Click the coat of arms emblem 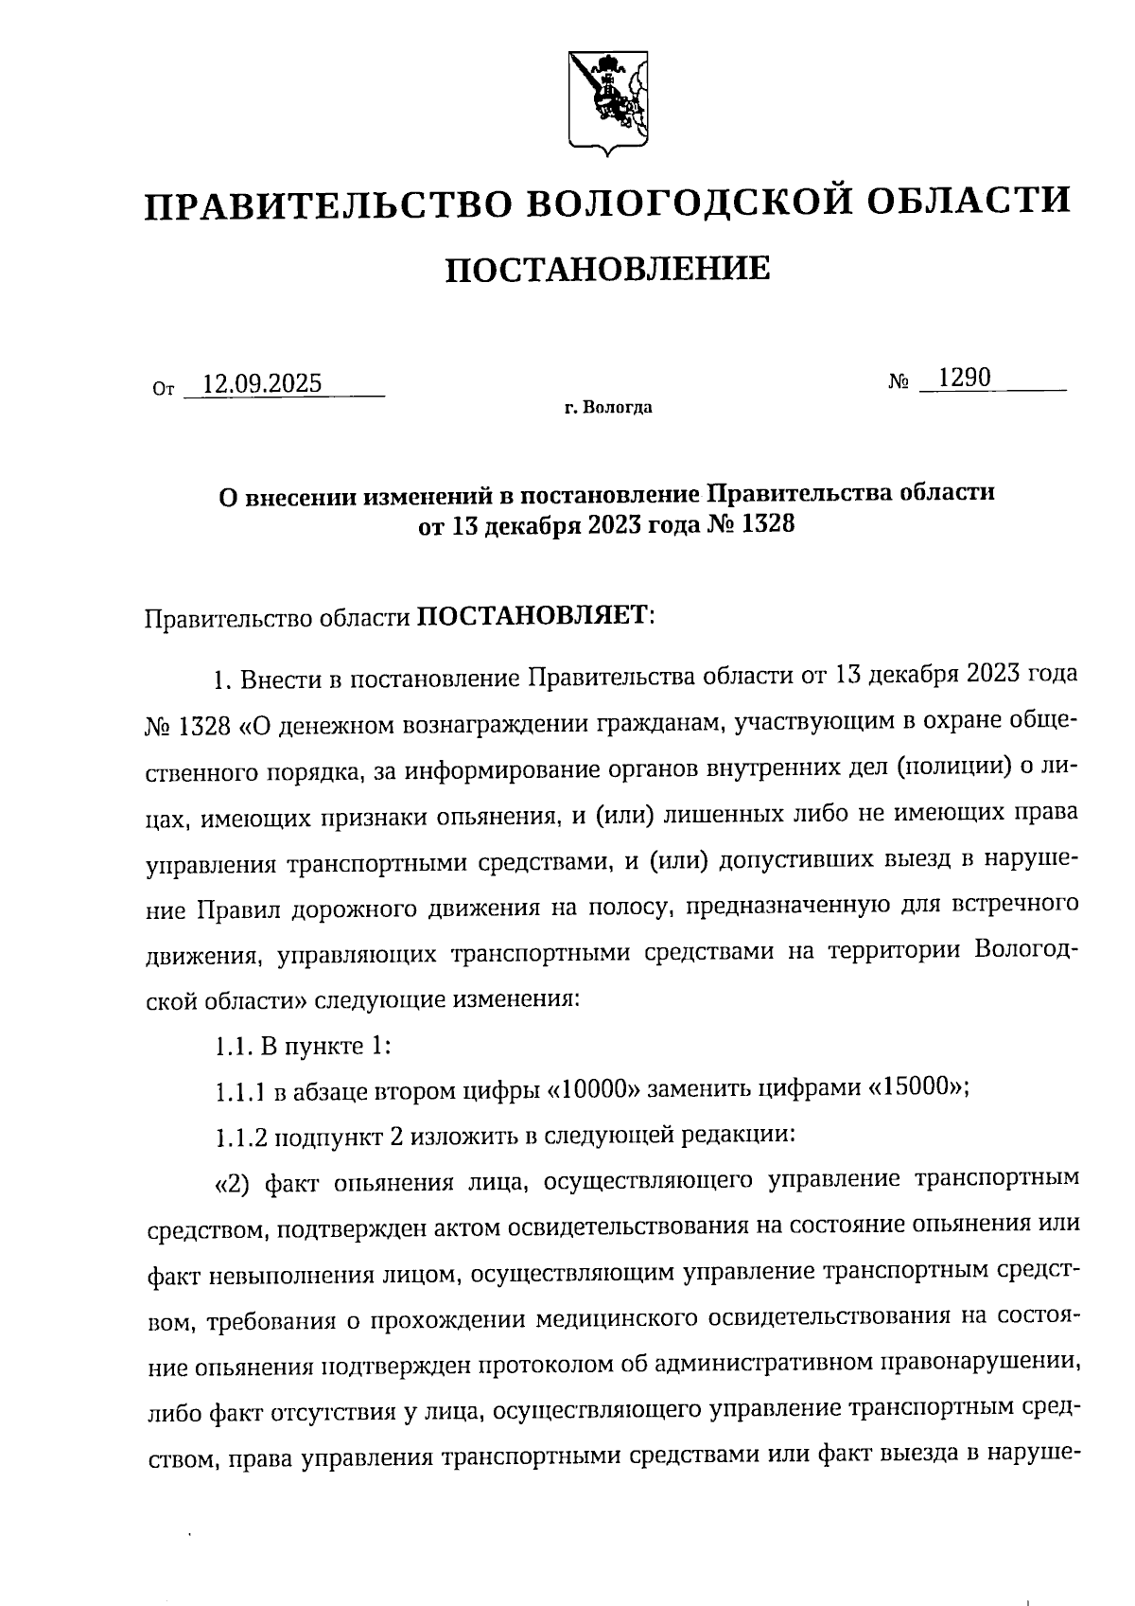click(609, 101)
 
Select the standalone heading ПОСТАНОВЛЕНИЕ click(607, 270)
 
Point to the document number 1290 click(959, 379)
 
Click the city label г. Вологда click(608, 409)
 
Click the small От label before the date click(163, 388)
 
